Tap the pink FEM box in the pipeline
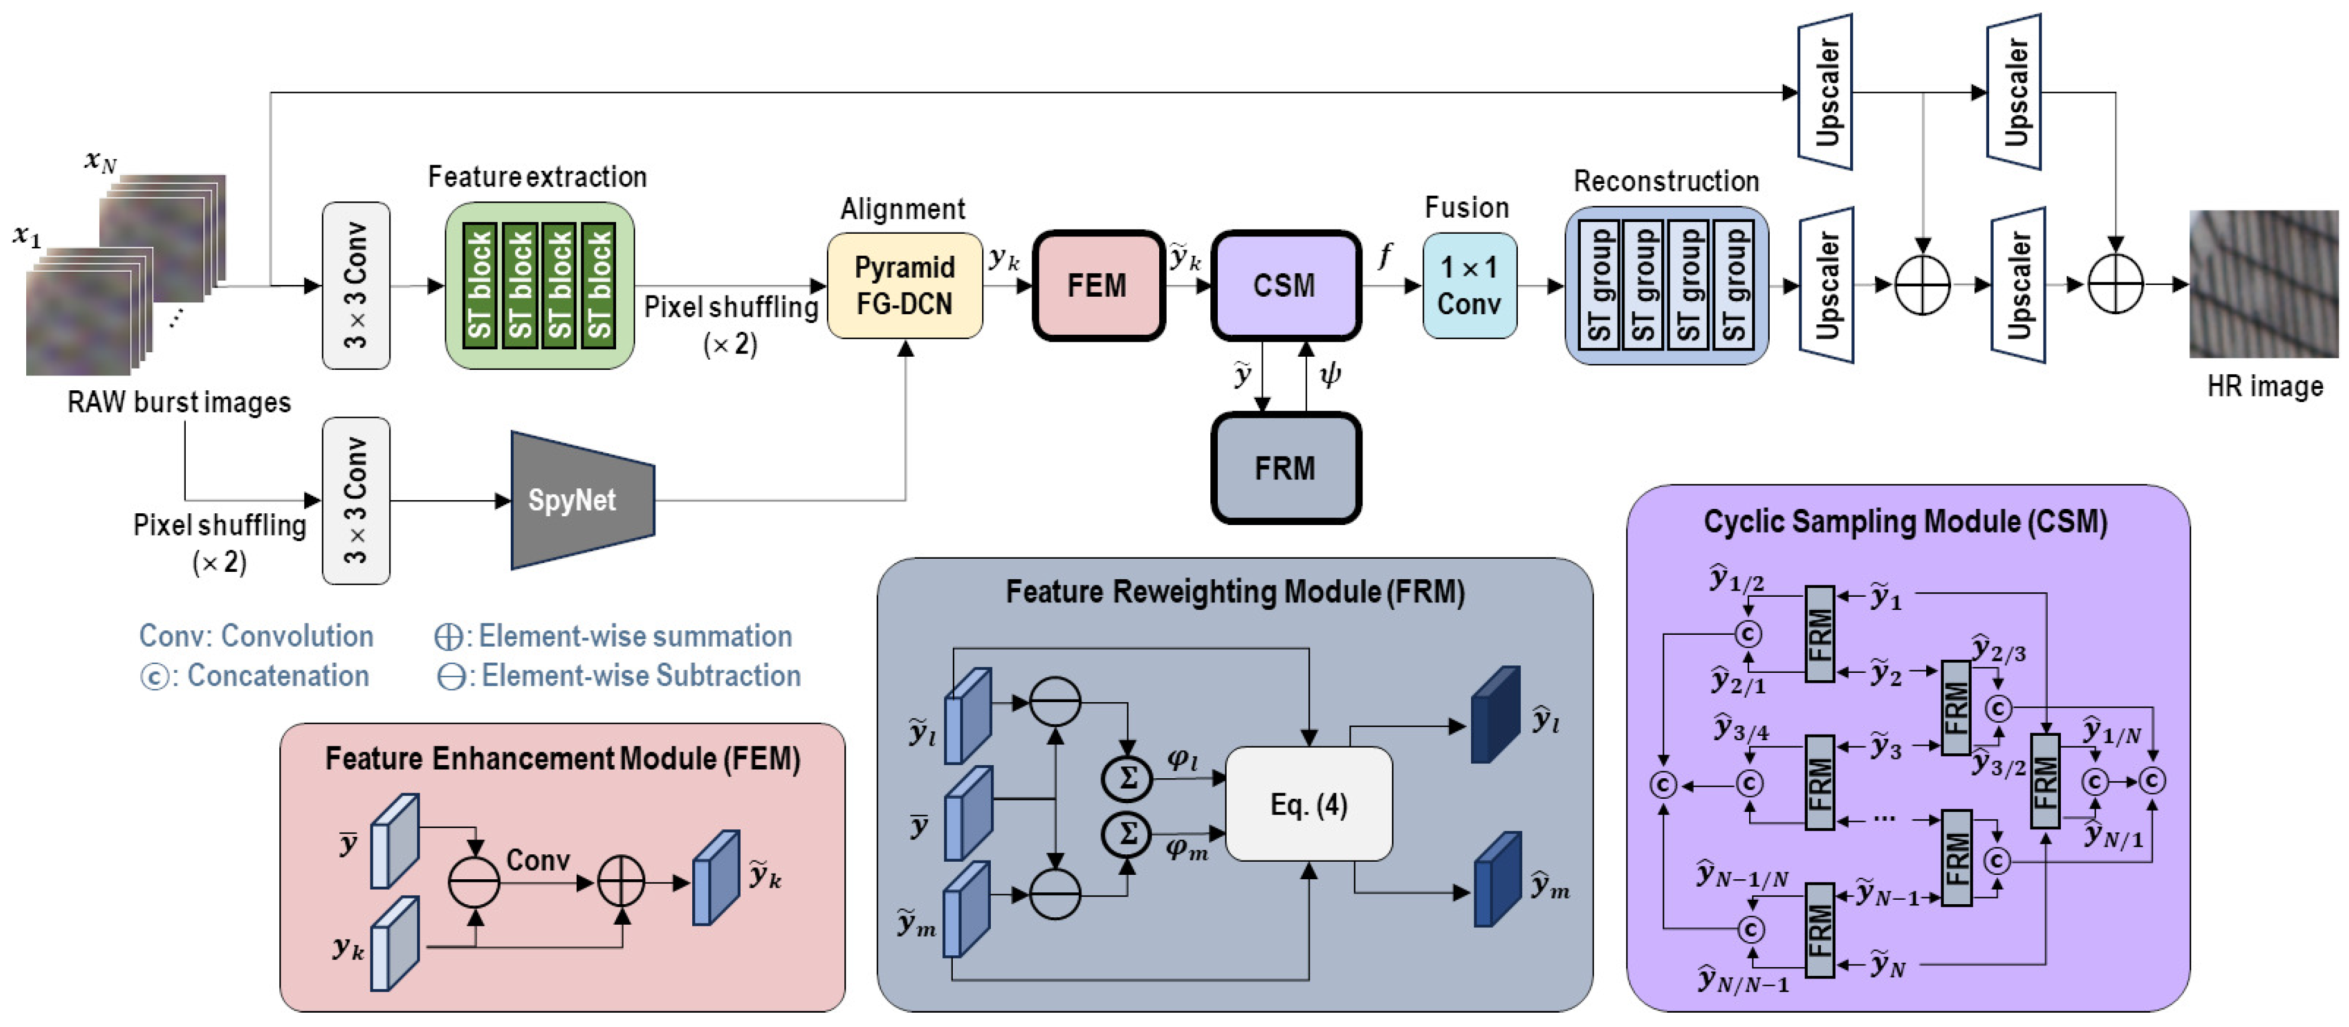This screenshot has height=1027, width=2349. (x=1098, y=286)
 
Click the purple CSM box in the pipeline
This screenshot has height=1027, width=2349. (x=1285, y=286)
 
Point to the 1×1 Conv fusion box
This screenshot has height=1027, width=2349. (x=1469, y=286)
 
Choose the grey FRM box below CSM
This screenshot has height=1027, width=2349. (x=1285, y=468)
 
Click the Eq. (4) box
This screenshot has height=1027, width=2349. (x=1308, y=804)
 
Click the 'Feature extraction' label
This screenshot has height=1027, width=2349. (x=537, y=177)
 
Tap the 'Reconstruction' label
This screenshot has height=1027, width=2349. (x=1666, y=181)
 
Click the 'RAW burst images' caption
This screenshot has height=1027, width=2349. (x=179, y=402)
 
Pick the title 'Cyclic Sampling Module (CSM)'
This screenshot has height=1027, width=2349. (x=1905, y=522)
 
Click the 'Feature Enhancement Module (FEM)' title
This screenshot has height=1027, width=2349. (x=562, y=759)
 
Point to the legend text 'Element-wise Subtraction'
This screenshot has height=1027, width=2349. (x=640, y=676)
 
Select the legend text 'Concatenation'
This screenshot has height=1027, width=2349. (x=277, y=676)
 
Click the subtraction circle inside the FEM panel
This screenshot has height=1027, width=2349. (x=474, y=882)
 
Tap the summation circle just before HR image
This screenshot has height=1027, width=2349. (x=2115, y=284)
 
